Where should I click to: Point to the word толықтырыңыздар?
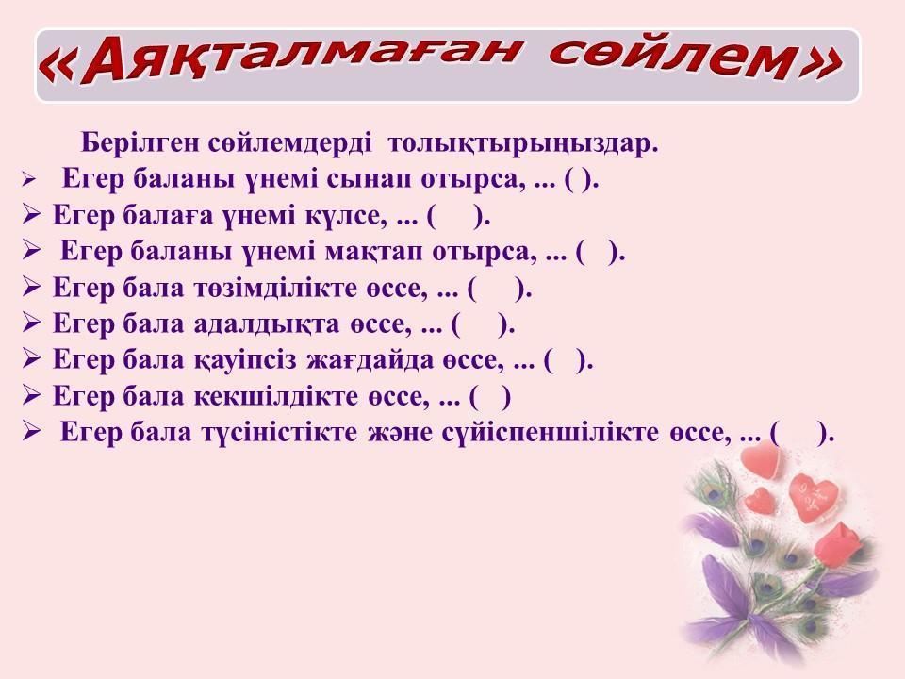522,143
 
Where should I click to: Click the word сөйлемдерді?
289,142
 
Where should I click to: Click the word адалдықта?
267,323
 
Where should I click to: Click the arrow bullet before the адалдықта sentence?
31,323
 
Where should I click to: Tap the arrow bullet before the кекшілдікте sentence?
31,395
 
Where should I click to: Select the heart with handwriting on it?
814,497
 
